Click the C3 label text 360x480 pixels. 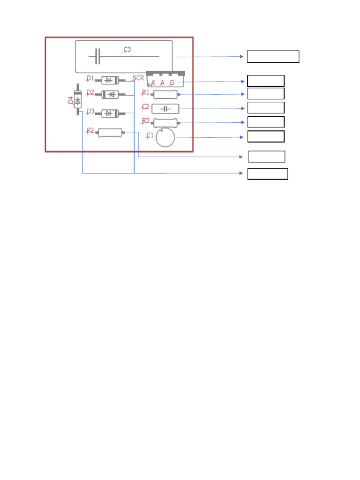pos(127,50)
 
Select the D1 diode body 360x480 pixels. pos(110,80)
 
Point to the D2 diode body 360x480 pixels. pos(110,95)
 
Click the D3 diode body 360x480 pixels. pos(110,113)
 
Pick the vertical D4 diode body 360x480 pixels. pos(78,100)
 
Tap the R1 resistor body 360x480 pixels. pos(165,94)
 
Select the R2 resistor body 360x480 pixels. pos(110,133)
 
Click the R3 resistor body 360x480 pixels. pos(165,123)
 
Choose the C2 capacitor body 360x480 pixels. pos(165,109)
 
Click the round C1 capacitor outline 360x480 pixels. pos(165,137)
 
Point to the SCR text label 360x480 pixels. pos(138,78)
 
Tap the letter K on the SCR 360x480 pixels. pos(153,82)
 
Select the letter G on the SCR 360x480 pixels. pos(172,82)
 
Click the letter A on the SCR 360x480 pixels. pos(162,82)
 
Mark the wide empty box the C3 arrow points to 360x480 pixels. pos(273,57)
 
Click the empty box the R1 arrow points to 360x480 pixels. pos(266,94)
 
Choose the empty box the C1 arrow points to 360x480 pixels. pos(266,137)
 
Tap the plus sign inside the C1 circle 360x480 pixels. pos(162,131)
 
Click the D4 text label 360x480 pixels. pos(71,100)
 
